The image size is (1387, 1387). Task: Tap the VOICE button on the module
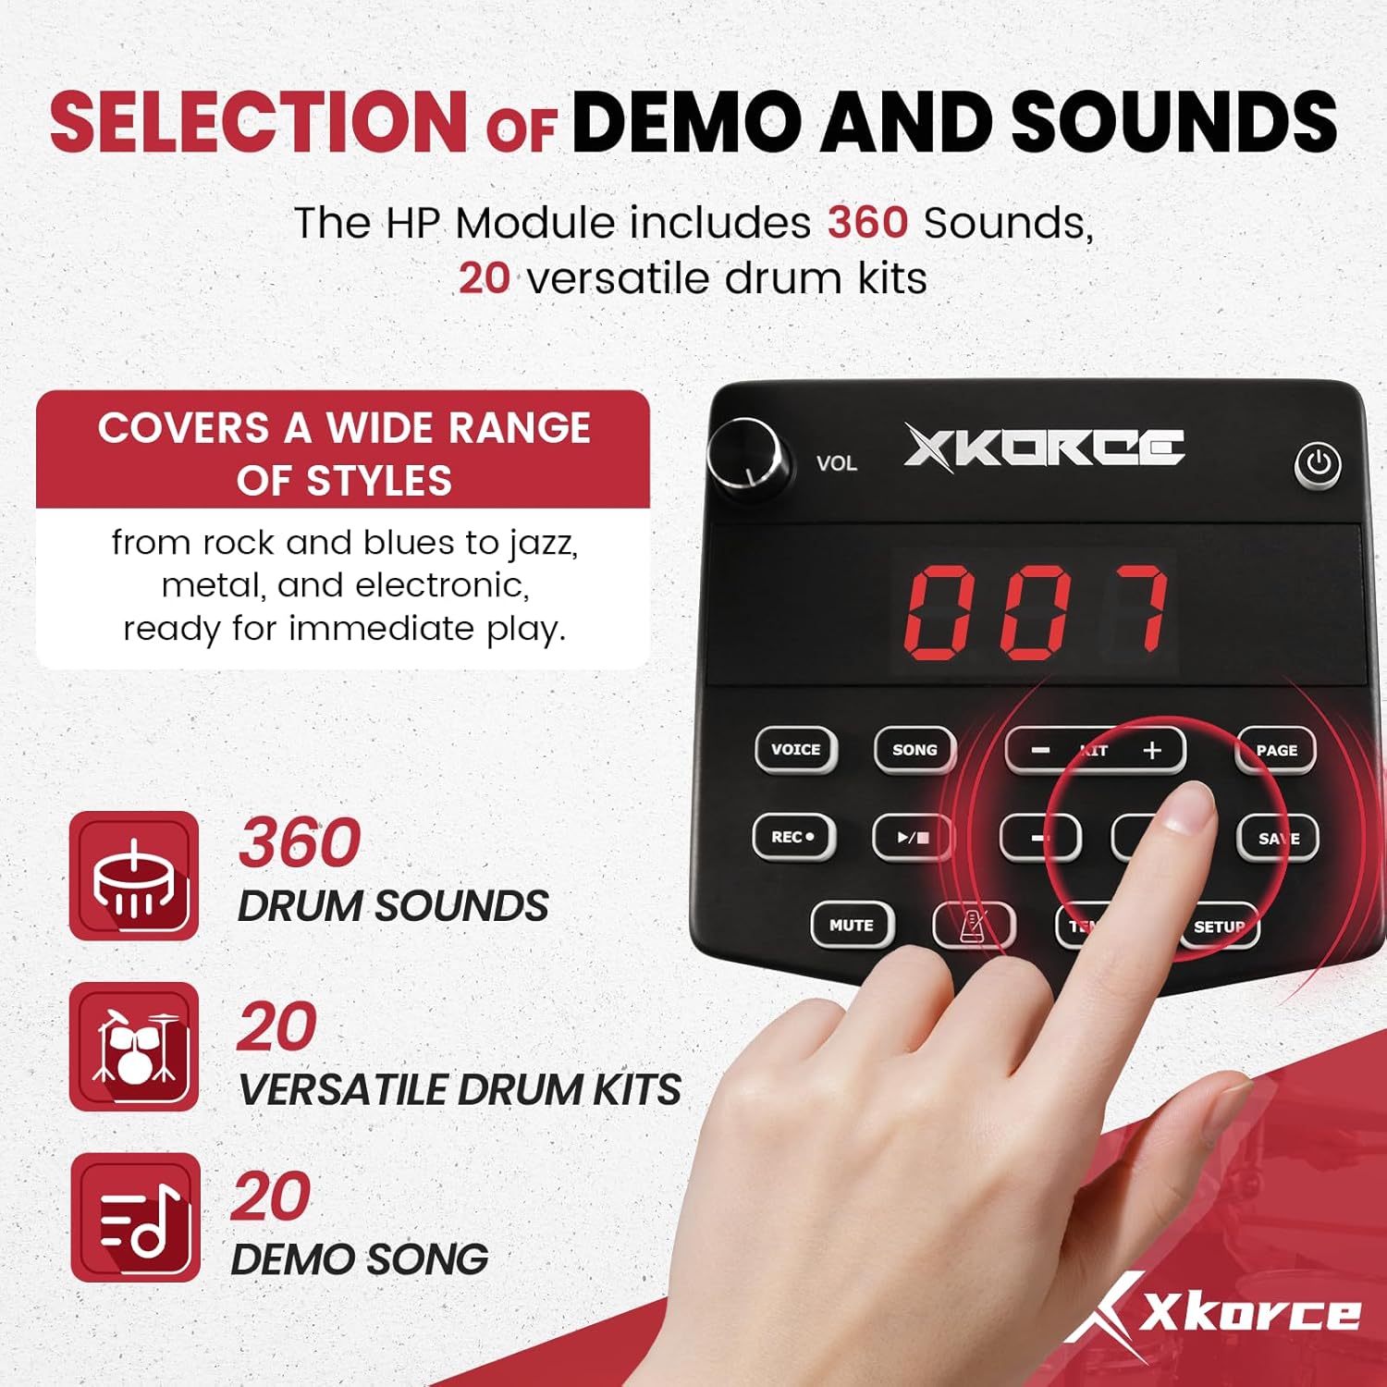[x=795, y=749]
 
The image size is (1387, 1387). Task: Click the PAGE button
[x=1276, y=750]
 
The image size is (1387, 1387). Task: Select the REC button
[x=793, y=837]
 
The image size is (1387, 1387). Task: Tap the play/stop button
[x=913, y=838]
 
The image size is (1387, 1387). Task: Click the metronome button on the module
[x=973, y=925]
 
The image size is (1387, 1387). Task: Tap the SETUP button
[x=1219, y=926]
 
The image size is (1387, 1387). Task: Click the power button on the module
[x=1318, y=463]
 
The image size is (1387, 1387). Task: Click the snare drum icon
[x=134, y=876]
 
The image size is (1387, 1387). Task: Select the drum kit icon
[x=134, y=1047]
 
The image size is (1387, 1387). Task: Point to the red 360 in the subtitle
[x=867, y=223]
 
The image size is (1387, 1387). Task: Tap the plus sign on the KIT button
[x=1152, y=750]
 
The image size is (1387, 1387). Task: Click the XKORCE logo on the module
[x=1044, y=448]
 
